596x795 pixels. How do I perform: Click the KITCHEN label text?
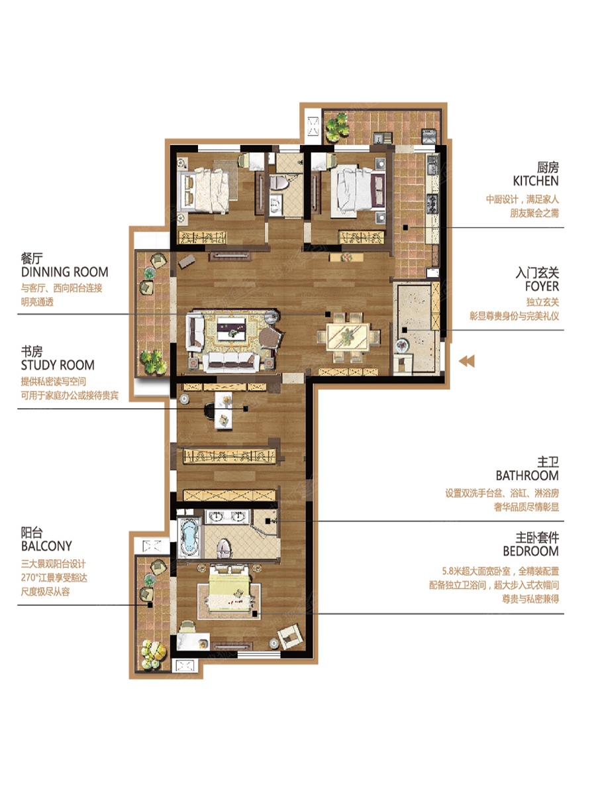[x=536, y=181]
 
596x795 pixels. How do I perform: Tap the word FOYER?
[x=542, y=286]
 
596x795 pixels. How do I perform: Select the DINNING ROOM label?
[x=65, y=272]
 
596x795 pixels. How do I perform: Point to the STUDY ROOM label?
[x=58, y=365]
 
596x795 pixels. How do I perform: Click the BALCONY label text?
[x=46, y=546]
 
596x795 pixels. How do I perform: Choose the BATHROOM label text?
[x=527, y=475]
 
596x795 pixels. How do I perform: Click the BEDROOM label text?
[x=531, y=551]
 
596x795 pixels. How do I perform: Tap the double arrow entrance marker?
[x=466, y=361]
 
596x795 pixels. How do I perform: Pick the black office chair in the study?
[x=209, y=411]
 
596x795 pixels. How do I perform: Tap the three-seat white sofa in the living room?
[x=231, y=362]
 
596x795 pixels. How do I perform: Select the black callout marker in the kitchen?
[x=406, y=227]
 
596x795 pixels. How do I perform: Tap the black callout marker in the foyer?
[x=405, y=330]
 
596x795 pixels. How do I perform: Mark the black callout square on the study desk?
[x=246, y=409]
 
